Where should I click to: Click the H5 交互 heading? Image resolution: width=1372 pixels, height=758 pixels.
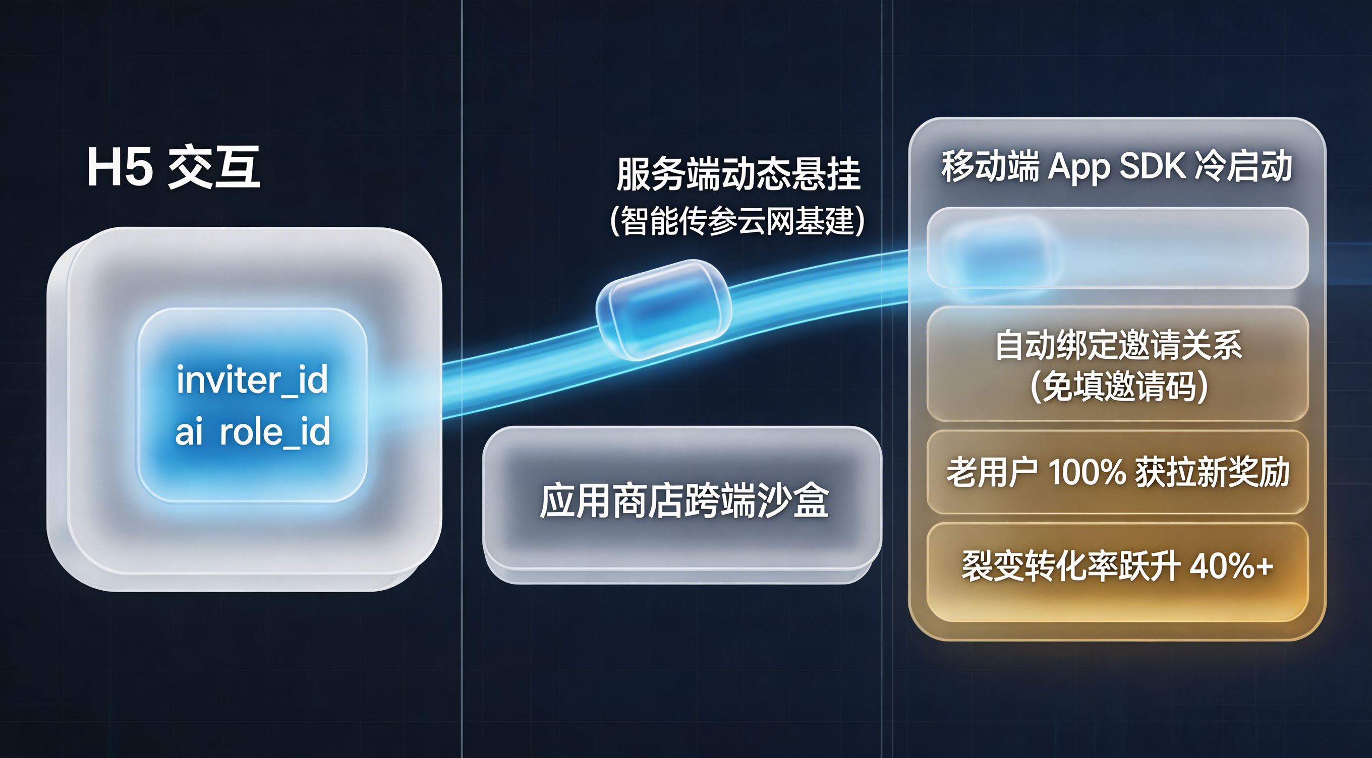[174, 167]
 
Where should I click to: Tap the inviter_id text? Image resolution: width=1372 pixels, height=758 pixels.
[252, 380]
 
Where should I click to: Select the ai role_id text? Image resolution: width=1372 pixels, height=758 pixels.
[252, 431]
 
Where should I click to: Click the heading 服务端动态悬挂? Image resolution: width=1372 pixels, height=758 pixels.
[738, 173]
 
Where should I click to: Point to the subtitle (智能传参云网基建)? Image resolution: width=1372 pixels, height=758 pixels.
[737, 220]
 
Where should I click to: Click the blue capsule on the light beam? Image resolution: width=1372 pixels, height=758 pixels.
[664, 309]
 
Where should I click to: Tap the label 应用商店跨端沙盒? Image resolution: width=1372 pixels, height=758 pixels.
[684, 501]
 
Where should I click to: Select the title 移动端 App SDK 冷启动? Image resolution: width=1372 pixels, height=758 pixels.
[1117, 167]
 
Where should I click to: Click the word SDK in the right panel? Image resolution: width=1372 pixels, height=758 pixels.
[1153, 166]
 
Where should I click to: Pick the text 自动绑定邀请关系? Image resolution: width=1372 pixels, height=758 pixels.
[1118, 345]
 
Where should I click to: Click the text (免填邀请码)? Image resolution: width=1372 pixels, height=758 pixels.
[1118, 387]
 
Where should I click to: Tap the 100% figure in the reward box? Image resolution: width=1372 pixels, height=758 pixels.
[1087, 472]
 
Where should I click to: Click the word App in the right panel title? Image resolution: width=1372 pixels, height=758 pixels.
[1078, 168]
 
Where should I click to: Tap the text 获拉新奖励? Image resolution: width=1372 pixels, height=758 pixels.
[1213, 472]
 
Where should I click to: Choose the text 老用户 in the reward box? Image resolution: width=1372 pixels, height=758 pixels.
[992, 472]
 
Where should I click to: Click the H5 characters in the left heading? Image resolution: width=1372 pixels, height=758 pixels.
[120, 168]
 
